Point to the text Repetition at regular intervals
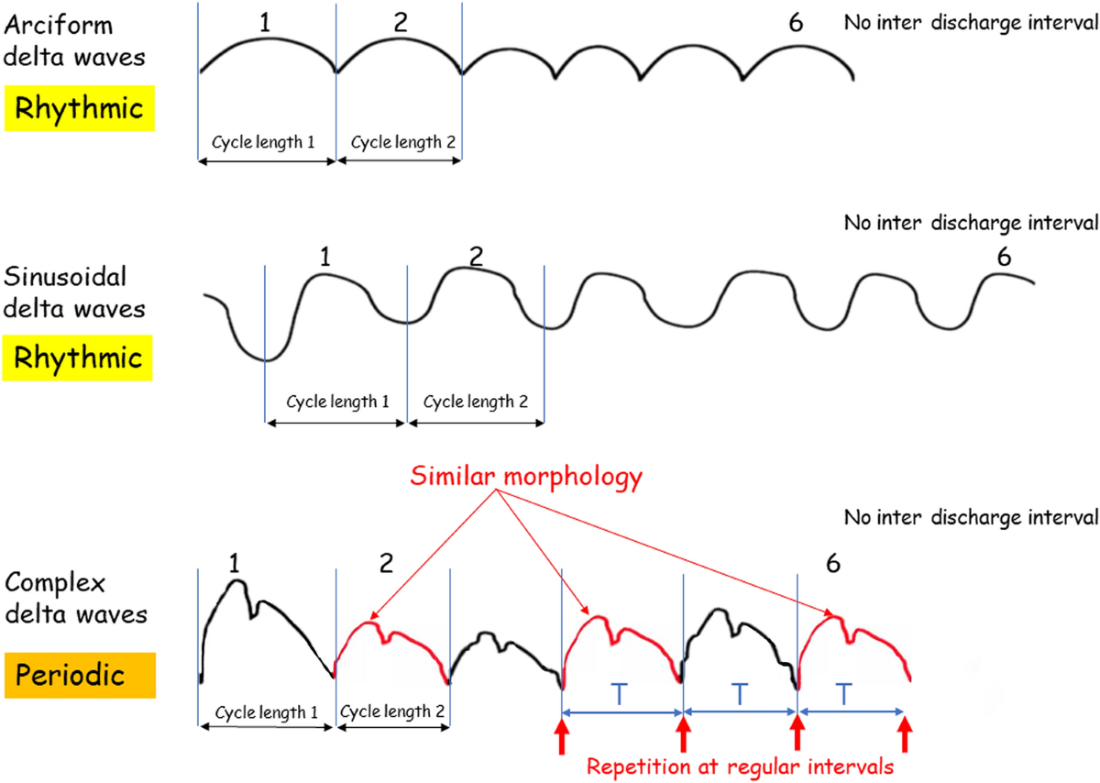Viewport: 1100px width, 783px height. (740, 765)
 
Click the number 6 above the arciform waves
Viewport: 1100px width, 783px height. (796, 23)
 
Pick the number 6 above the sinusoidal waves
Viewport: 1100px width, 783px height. (1004, 258)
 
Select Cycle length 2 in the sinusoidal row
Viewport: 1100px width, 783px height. (476, 402)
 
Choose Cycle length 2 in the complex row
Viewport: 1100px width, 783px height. (393, 710)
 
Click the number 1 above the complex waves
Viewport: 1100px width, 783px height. (235, 566)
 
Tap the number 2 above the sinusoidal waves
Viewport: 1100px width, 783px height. (474, 258)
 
